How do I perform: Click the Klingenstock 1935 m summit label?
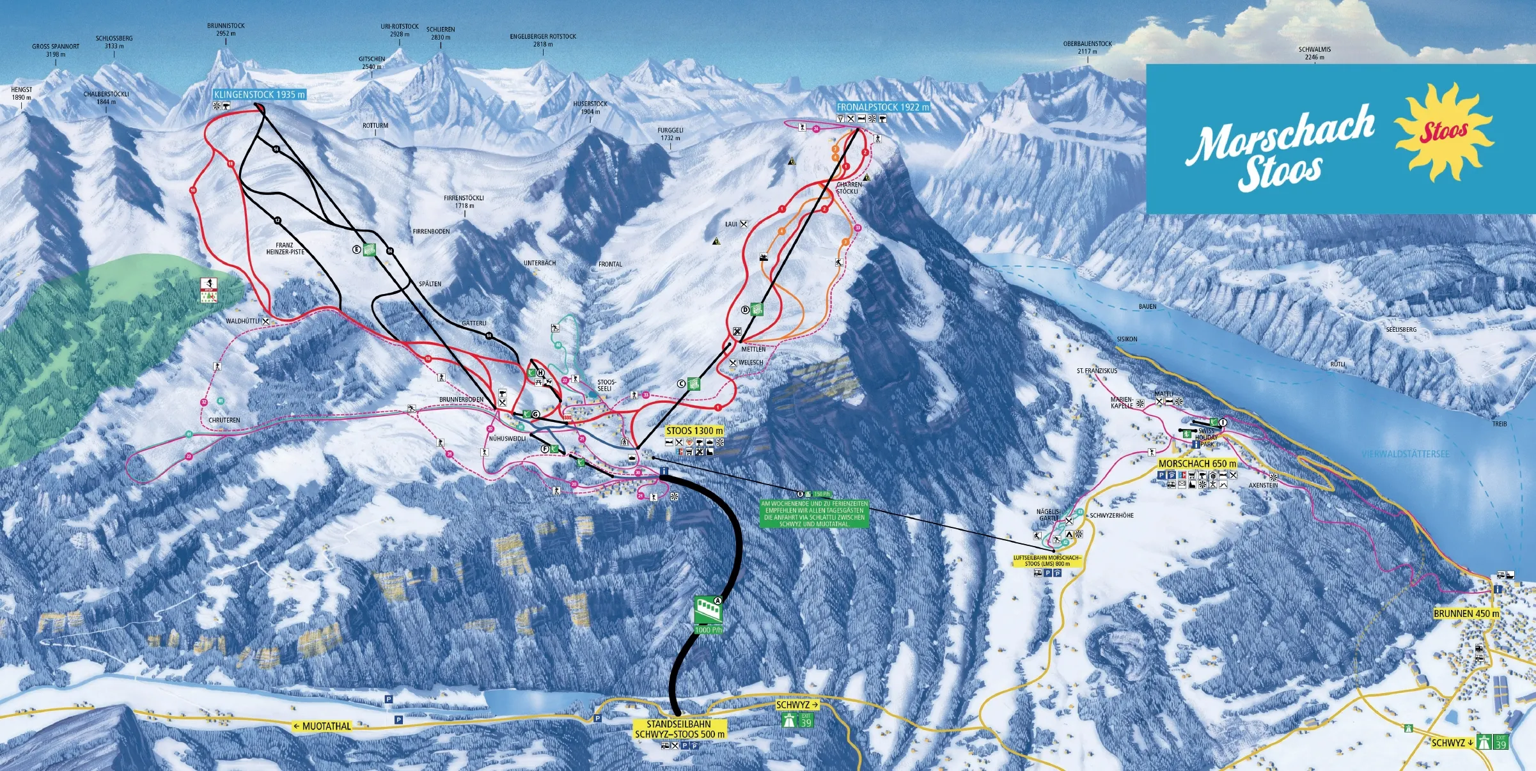(x=259, y=95)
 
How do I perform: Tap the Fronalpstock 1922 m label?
(x=882, y=107)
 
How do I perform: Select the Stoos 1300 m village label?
(x=694, y=431)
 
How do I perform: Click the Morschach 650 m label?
(x=1197, y=463)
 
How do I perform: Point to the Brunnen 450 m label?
(x=1466, y=613)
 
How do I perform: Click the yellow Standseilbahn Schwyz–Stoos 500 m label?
(x=679, y=729)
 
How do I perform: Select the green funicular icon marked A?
(x=709, y=611)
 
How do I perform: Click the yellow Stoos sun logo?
(x=1443, y=132)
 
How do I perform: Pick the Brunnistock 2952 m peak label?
(x=226, y=30)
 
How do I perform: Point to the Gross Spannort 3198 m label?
(x=56, y=51)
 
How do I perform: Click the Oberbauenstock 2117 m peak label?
(x=1087, y=48)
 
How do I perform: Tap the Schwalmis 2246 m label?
(x=1314, y=53)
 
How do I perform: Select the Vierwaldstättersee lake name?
(x=1405, y=454)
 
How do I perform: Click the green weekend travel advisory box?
(x=814, y=513)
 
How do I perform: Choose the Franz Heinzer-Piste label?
(x=285, y=249)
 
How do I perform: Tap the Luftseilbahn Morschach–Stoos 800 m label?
(x=1047, y=561)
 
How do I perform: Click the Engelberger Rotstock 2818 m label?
(x=543, y=40)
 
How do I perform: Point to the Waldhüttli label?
(x=243, y=321)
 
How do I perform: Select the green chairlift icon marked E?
(x=369, y=249)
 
